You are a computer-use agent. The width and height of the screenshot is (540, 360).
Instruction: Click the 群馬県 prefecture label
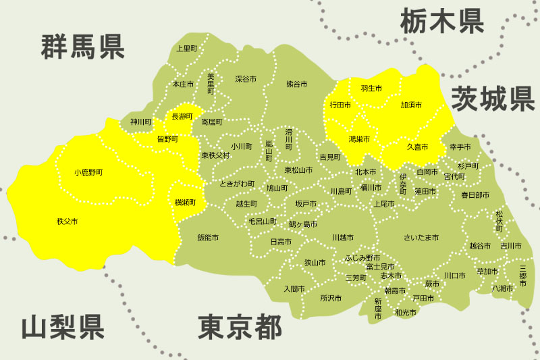click(82, 47)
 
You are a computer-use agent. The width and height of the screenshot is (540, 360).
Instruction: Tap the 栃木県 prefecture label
click(442, 21)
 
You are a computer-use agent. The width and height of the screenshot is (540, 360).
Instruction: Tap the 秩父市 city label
click(67, 221)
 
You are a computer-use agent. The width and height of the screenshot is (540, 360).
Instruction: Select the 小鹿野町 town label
click(93, 173)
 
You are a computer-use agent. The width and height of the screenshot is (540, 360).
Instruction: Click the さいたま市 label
click(421, 238)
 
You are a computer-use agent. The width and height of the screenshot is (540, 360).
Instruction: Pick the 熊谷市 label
click(296, 84)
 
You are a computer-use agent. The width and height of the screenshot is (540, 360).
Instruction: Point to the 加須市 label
click(410, 105)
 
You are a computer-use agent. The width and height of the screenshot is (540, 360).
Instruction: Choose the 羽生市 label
click(371, 88)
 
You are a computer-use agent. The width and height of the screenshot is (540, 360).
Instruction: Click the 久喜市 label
click(416, 147)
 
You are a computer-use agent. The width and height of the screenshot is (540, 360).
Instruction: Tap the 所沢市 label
click(331, 297)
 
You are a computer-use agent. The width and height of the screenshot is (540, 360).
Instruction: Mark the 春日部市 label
click(475, 195)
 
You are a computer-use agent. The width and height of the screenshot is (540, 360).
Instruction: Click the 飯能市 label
click(208, 238)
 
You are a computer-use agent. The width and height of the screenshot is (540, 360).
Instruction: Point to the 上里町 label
click(186, 49)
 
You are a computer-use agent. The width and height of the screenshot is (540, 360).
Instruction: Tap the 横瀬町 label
click(185, 202)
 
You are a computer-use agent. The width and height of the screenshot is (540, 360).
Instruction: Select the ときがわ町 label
click(238, 184)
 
